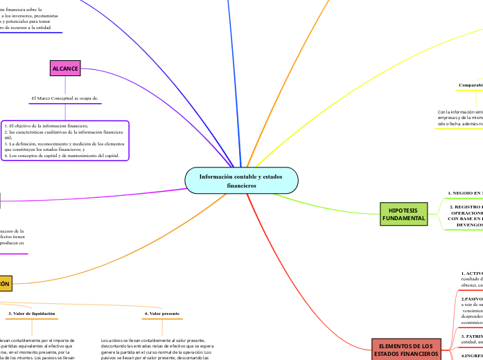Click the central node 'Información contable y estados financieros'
(241, 181)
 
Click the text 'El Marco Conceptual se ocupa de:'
(65, 98)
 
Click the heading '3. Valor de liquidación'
(32, 314)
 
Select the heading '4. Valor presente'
(162, 314)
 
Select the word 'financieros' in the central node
(241, 186)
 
